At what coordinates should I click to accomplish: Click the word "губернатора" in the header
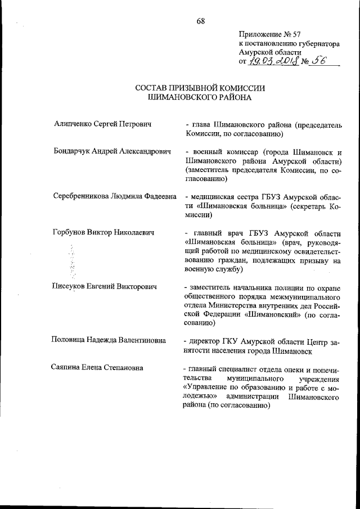314,43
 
